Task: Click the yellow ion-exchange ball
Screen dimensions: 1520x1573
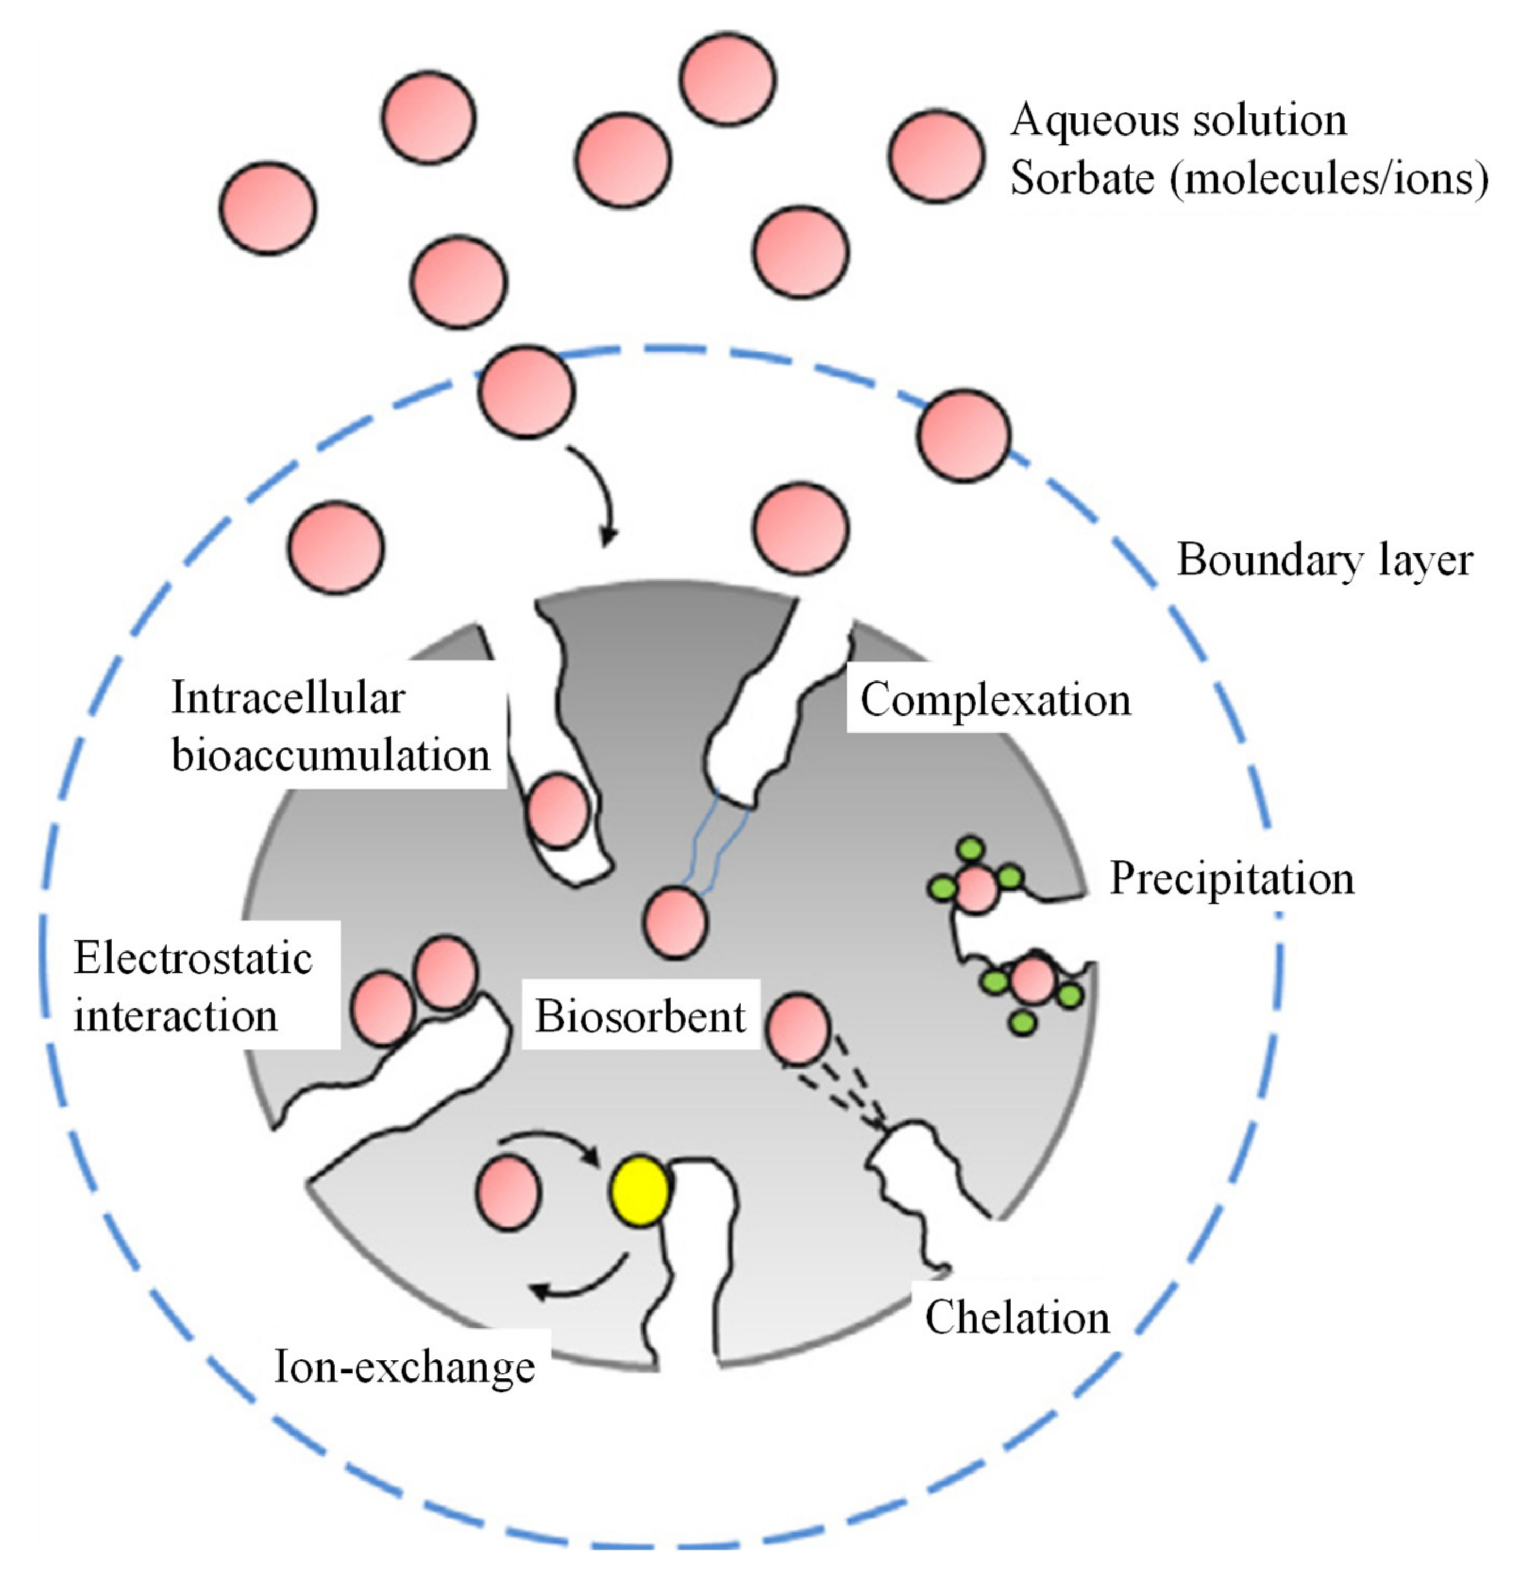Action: coord(639,1191)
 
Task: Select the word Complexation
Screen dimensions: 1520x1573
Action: coord(995,700)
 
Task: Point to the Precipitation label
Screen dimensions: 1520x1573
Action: coord(1232,879)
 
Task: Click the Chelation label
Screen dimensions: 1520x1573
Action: coord(1017,1318)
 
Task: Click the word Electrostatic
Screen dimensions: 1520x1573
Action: coord(192,957)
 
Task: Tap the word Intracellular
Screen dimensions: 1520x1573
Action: coord(288,698)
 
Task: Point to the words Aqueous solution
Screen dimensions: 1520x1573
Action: coord(1178,120)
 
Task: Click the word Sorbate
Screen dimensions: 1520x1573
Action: coord(1082,178)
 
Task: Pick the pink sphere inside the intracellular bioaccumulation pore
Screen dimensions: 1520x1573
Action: coord(557,811)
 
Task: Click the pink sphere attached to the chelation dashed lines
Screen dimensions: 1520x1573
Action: coord(798,1029)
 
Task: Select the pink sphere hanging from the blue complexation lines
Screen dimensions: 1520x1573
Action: coord(675,923)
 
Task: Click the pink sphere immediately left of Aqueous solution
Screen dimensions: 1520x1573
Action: coord(936,156)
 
